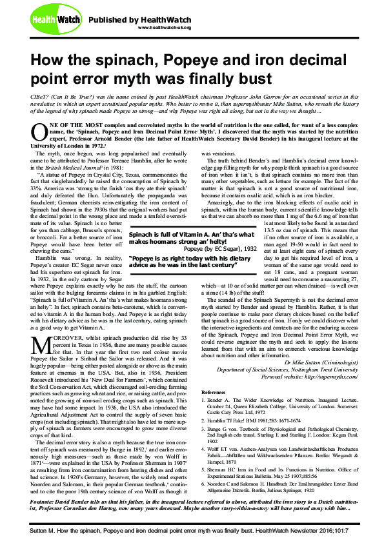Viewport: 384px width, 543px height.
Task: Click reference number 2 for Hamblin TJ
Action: (204, 420)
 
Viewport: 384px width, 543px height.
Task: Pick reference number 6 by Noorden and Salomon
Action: (204, 482)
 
